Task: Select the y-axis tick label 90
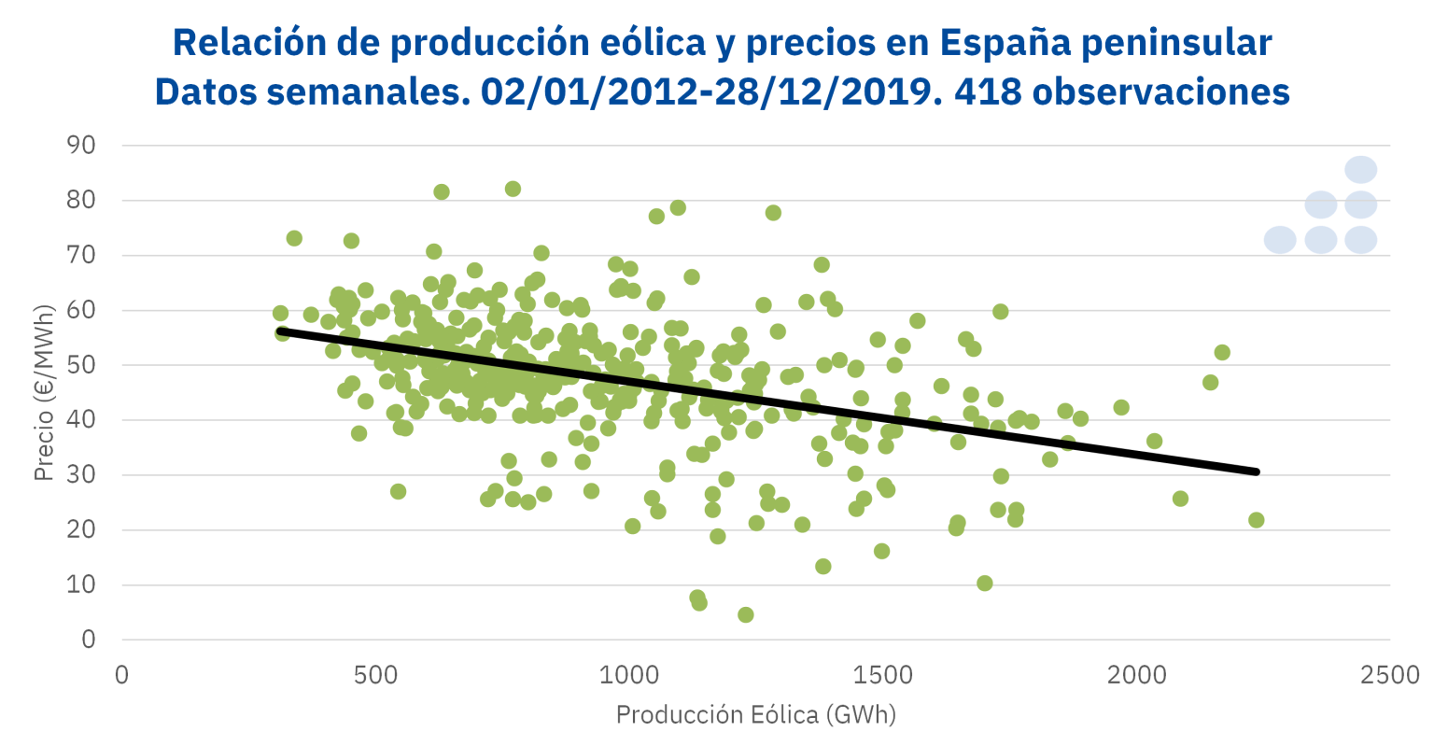coord(82,146)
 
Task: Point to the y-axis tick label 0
coord(89,640)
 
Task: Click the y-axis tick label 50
coord(82,365)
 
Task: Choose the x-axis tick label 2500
coord(1390,675)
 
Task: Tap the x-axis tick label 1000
coord(629,675)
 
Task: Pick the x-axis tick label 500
coord(376,675)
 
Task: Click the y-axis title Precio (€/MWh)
coord(43,392)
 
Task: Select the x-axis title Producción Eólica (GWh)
coord(755,715)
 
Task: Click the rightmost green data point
coord(1256,520)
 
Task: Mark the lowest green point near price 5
coord(745,614)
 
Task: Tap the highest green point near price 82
coord(513,189)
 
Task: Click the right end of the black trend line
coord(1256,472)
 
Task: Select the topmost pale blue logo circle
coord(1361,170)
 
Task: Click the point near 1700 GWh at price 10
coord(984,584)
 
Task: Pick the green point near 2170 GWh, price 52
coord(1222,352)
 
